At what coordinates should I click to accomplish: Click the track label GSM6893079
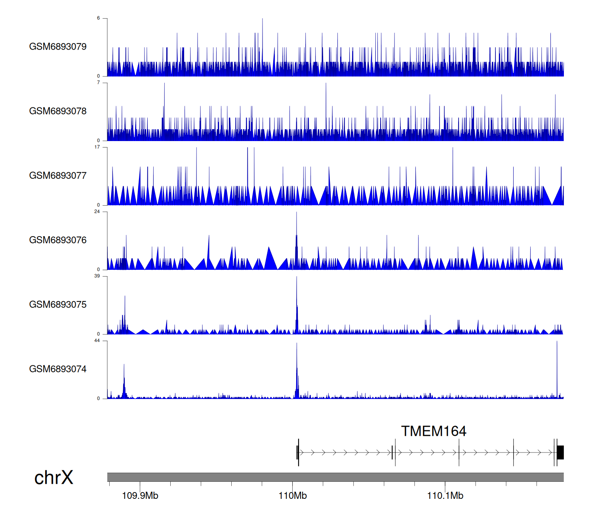pos(58,47)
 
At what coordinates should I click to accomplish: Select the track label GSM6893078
pos(58,111)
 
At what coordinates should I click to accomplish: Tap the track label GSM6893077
pos(58,176)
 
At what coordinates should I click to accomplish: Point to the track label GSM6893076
pos(58,240)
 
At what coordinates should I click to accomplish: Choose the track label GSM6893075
pos(58,305)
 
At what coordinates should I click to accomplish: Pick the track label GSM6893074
pos(58,369)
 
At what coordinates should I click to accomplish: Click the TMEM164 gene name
pos(434,431)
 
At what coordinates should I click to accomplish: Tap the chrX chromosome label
pos(54,478)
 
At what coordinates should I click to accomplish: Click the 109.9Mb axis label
pos(140,496)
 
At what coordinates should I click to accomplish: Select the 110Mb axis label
pos(293,496)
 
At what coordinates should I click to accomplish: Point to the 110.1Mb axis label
pos(445,496)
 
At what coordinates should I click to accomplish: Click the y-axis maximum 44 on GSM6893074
pos(97,341)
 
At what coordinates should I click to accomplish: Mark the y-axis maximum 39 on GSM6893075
pos(97,276)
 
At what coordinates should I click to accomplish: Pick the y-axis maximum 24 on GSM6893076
pos(97,212)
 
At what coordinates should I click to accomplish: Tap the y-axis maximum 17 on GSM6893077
pos(97,147)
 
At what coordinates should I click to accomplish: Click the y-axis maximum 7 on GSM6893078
pos(99,82)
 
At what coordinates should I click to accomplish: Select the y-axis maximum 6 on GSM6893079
pos(99,18)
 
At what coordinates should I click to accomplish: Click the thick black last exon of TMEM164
pos(560,452)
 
